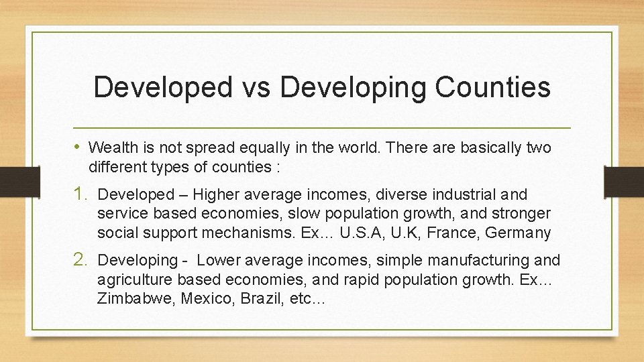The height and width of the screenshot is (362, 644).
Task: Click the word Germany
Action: click(x=519, y=234)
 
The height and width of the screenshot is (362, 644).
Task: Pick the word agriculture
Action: click(x=130, y=280)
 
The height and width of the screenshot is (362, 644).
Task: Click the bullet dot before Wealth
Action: click(x=80, y=146)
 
